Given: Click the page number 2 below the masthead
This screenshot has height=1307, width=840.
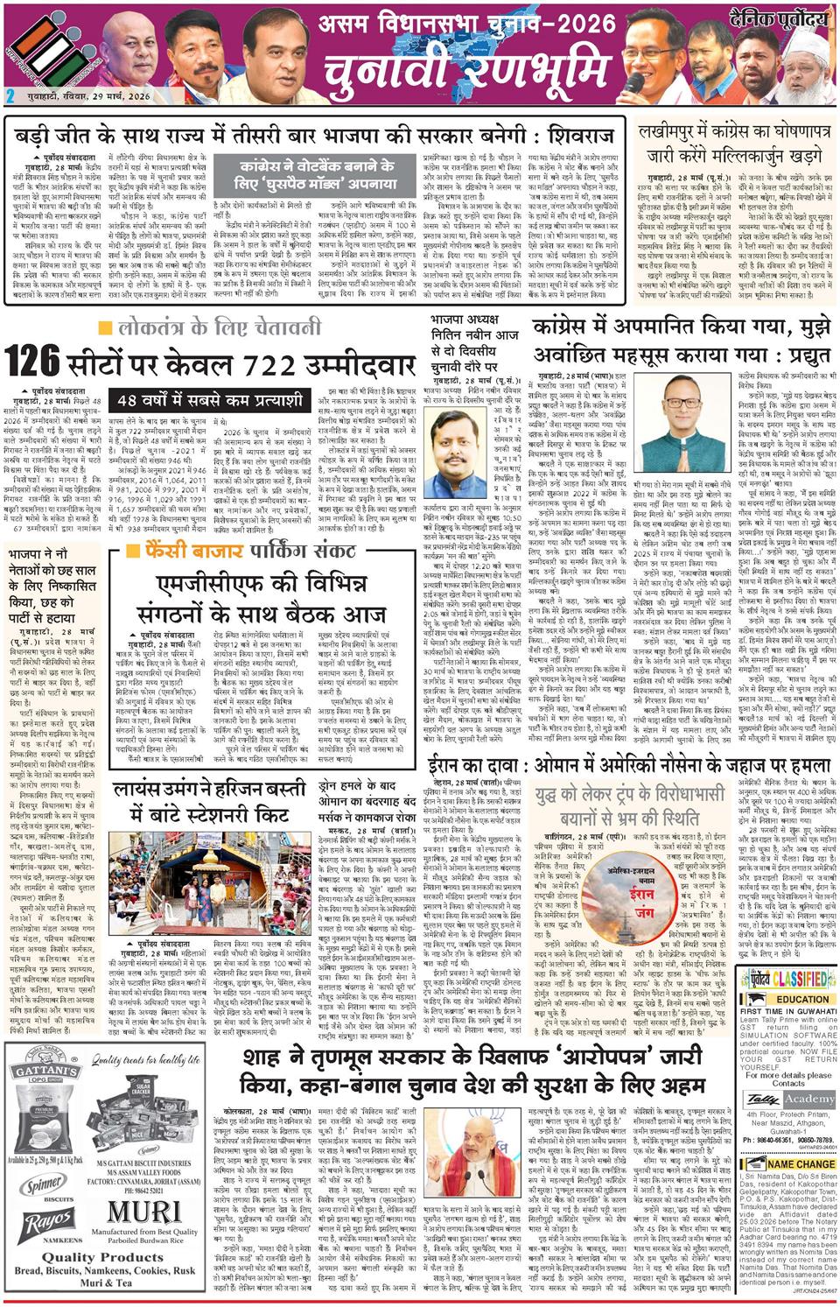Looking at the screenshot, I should point(10,96).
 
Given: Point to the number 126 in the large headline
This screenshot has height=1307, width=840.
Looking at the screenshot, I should point(32,361).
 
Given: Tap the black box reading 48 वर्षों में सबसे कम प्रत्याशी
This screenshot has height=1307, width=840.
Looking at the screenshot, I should point(209,399).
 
